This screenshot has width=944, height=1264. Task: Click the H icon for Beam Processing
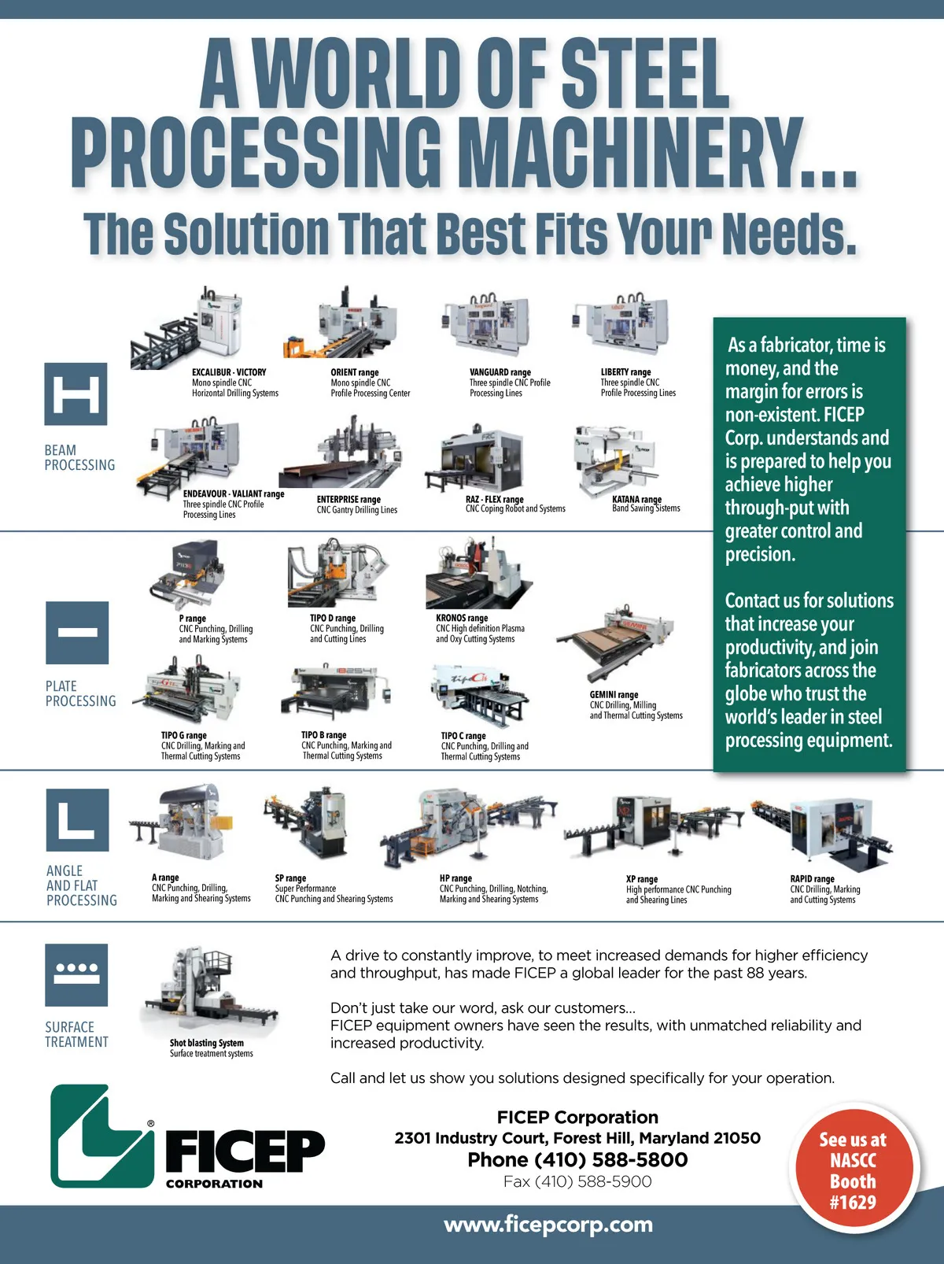click(76, 394)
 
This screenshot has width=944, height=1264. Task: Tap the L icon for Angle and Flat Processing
click(77, 820)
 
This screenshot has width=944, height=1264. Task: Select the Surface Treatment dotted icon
click(76, 975)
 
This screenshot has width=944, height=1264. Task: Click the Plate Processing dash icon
click(77, 632)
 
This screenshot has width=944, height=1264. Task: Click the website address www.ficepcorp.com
click(548, 1225)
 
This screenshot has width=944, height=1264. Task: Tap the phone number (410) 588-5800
click(611, 1160)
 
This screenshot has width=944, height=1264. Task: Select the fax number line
click(577, 1181)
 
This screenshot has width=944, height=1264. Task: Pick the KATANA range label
click(636, 499)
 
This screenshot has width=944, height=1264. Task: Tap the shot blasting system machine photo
click(209, 990)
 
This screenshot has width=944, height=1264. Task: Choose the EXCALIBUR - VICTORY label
click(229, 372)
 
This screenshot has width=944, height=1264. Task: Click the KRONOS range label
click(462, 618)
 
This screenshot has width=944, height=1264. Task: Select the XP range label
click(642, 879)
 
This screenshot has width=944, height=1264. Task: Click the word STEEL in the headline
click(645, 74)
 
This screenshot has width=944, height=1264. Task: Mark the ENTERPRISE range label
click(348, 499)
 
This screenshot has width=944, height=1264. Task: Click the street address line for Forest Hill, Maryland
click(577, 1138)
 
